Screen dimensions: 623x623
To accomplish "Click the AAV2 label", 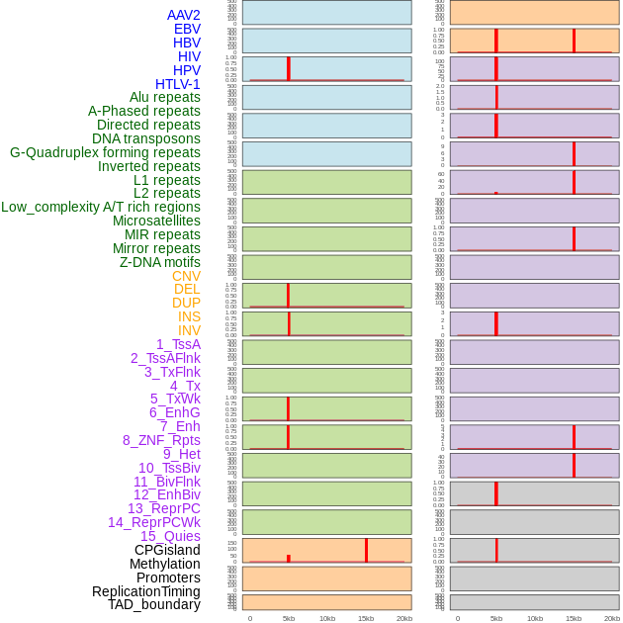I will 183,15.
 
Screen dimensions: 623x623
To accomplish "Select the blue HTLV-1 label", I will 177,84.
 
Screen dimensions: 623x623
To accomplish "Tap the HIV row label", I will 189,56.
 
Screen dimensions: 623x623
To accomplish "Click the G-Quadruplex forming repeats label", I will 105,152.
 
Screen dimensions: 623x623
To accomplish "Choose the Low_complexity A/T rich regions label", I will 101,207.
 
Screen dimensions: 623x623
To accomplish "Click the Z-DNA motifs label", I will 160,262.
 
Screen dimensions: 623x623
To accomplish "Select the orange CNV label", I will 186,276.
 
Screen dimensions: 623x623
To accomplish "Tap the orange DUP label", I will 186,303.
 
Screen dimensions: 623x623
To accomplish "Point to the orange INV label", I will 189,330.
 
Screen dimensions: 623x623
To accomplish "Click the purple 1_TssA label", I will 178,344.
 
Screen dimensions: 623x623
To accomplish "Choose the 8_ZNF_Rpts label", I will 161,440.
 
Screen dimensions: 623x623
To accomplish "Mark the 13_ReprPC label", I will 163,508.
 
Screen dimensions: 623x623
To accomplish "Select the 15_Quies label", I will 170,536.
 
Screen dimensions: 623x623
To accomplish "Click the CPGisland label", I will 167,550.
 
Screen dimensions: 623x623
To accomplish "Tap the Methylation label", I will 164,564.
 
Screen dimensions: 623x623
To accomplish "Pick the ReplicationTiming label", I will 145,591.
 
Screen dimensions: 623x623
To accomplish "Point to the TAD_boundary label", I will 153,604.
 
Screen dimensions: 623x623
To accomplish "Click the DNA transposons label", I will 145,138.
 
